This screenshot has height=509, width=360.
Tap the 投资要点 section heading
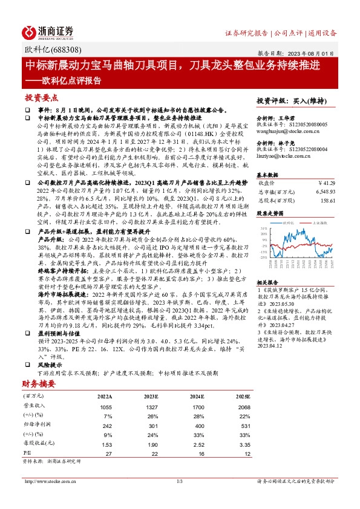(41, 97)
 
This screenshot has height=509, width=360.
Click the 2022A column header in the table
(104, 396)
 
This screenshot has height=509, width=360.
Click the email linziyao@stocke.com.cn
(284, 156)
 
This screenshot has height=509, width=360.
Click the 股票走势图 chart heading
(270, 213)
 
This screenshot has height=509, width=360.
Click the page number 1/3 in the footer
(180, 481)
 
